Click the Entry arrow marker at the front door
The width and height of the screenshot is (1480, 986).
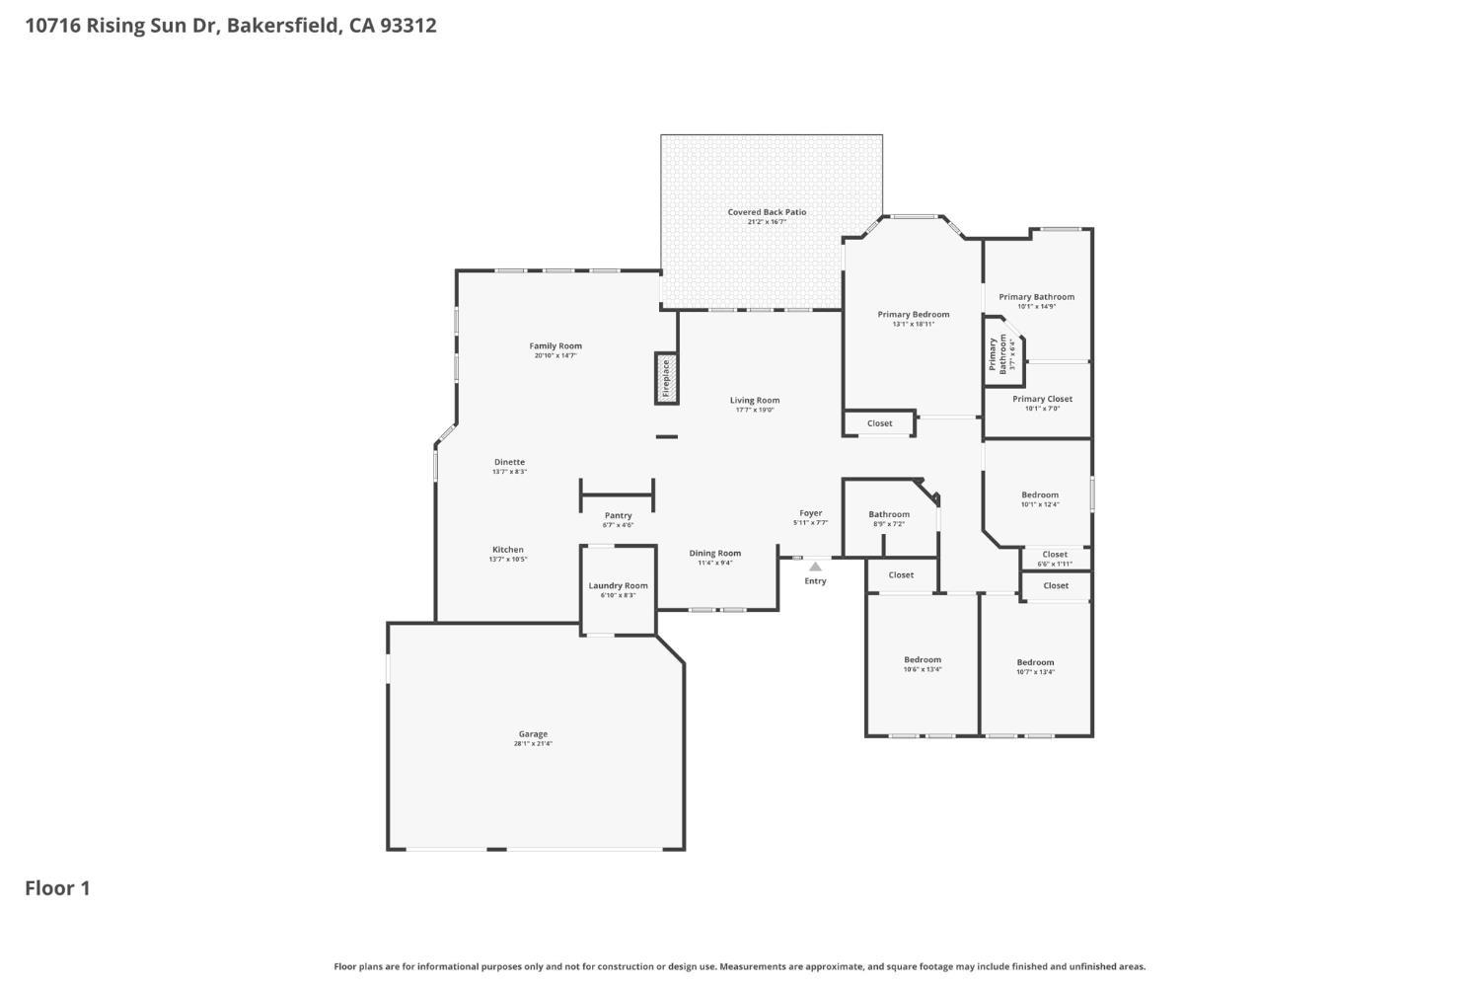coord(815,567)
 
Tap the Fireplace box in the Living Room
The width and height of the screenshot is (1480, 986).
coord(667,378)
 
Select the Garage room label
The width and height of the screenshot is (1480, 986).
coord(533,734)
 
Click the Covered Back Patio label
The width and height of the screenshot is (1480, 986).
coord(767,212)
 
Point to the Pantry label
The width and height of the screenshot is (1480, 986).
coord(618,515)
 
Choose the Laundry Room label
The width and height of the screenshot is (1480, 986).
coord(618,585)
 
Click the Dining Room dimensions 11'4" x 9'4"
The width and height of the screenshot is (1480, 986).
coord(714,563)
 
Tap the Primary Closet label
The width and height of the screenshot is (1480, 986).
coord(1042,399)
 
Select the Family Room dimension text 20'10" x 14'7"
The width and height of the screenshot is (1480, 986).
coord(555,355)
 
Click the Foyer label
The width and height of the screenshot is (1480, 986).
coord(810,513)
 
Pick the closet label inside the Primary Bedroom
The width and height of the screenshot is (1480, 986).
coord(879,423)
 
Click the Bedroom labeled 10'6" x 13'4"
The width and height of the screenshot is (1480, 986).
coord(923,660)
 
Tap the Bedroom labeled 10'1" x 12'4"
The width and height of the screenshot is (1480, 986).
coord(1040,495)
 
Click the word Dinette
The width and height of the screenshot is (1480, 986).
coord(509,462)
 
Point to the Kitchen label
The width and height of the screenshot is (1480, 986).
coord(508,550)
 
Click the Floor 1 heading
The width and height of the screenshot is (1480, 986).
coord(57,888)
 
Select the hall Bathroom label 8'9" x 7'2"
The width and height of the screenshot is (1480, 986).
coord(889,514)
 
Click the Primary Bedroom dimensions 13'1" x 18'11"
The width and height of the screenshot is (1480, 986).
coord(913,324)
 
